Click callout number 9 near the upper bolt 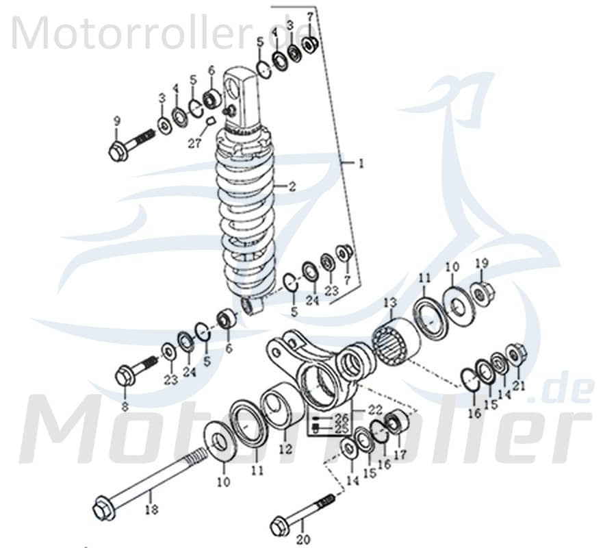(x=116, y=121)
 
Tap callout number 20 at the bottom (x=303, y=540)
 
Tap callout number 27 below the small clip (x=196, y=145)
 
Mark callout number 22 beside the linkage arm (x=376, y=410)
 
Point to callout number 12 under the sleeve (x=285, y=449)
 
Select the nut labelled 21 (x=515, y=353)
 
